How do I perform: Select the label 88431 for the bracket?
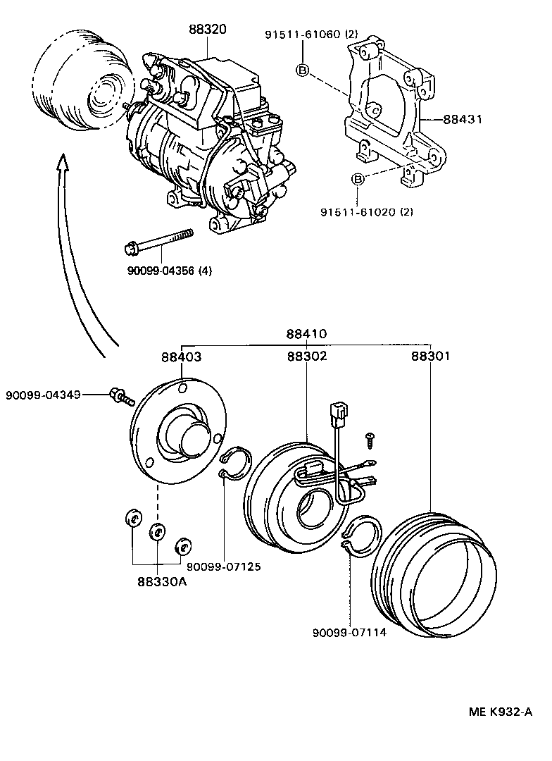point(463,120)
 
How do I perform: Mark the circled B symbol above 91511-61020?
point(358,180)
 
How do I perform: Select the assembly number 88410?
point(306,334)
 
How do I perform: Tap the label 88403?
point(181,357)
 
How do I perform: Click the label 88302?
point(306,357)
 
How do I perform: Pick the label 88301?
point(430,357)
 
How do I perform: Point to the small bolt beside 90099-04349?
point(120,396)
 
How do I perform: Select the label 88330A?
point(163,581)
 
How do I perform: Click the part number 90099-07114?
point(349,632)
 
